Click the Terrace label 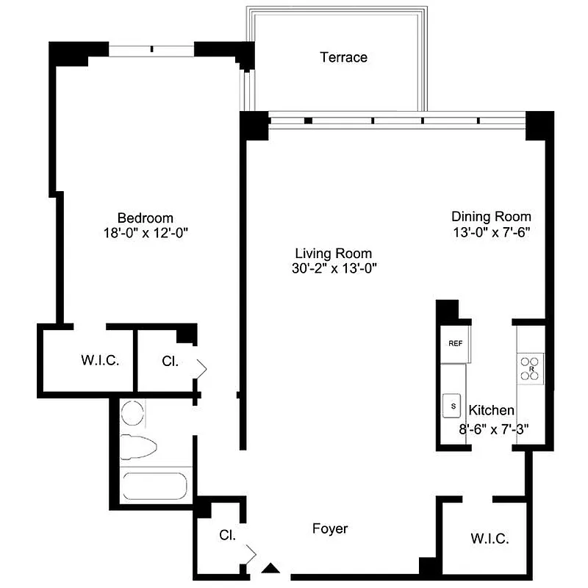click(x=343, y=57)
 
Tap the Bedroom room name click(x=146, y=218)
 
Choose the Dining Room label click(x=491, y=217)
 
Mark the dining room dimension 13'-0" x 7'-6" click(x=491, y=232)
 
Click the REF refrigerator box click(x=454, y=343)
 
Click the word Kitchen click(x=492, y=411)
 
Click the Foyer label click(x=330, y=528)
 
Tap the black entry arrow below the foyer click(x=271, y=567)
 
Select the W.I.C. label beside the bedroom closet click(x=99, y=361)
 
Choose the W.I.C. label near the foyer click(x=490, y=539)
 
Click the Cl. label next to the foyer click(x=227, y=535)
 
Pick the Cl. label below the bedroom click(x=169, y=361)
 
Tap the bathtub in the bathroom click(x=155, y=486)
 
